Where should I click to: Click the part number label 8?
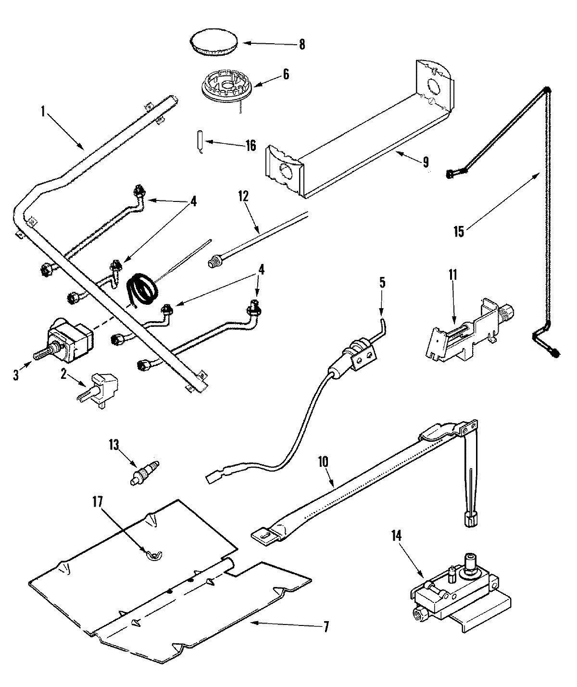point(301,44)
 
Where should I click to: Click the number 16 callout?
point(251,146)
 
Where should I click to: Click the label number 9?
point(426,162)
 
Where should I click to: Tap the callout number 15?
point(458,231)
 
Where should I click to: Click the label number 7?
point(326,627)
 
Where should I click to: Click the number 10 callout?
point(322,462)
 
